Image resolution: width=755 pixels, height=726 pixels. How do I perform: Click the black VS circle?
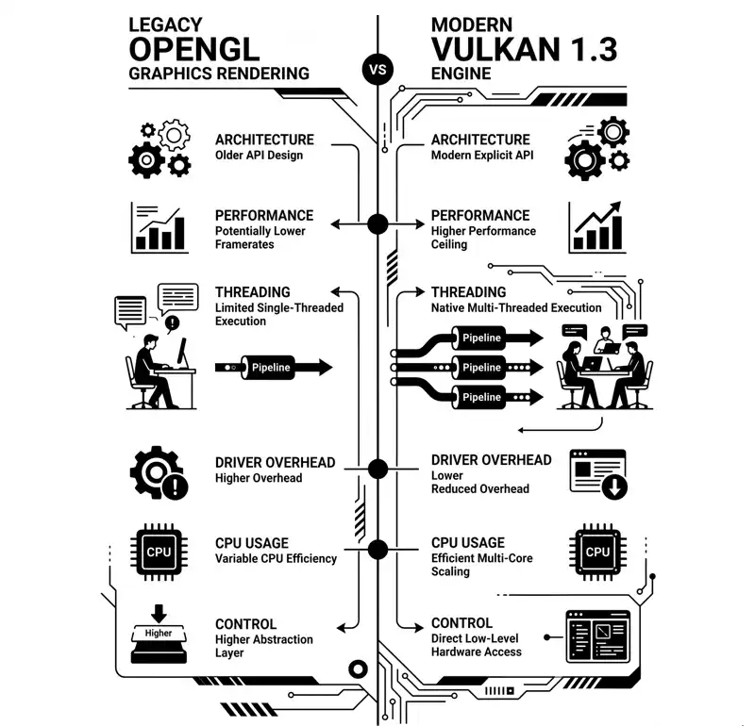(x=377, y=70)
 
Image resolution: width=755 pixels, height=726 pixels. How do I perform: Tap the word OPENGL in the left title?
(x=194, y=49)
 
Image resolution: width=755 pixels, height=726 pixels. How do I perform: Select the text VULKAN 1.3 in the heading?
(x=525, y=49)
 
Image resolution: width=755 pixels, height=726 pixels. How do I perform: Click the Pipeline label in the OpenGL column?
(x=271, y=368)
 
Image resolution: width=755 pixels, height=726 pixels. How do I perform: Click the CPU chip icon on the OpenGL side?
(x=159, y=552)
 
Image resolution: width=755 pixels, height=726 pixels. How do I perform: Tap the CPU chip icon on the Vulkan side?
(x=597, y=552)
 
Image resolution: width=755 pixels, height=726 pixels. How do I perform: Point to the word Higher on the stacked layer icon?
(x=159, y=634)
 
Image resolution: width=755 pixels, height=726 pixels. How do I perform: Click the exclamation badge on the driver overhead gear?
(x=176, y=487)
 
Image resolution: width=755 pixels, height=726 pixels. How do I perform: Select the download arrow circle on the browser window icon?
(x=615, y=487)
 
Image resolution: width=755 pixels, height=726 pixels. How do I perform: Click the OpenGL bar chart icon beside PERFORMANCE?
(x=159, y=227)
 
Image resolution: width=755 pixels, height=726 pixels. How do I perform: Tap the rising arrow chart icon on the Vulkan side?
(x=597, y=227)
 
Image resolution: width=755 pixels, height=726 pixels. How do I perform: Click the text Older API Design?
(x=259, y=156)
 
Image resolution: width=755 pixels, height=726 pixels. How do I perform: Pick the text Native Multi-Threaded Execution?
(x=516, y=308)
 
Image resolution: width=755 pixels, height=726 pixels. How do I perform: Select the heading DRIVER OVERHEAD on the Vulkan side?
(x=491, y=460)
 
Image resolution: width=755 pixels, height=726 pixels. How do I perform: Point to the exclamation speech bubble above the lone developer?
(x=172, y=323)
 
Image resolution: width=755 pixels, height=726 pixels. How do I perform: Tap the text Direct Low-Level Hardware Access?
(x=477, y=645)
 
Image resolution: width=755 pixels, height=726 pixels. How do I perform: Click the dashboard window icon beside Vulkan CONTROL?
(x=597, y=636)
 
